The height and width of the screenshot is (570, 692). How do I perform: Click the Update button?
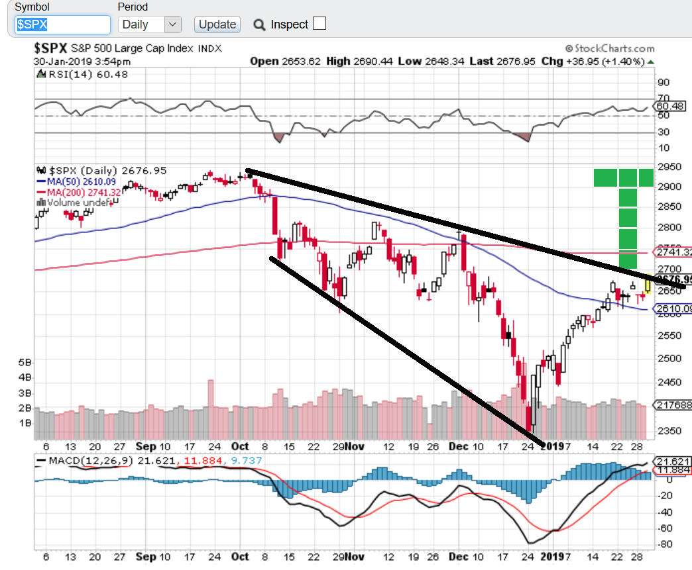tap(217, 24)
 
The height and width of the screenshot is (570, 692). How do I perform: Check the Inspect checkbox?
tap(319, 24)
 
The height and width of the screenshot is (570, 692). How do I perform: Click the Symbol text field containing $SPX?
tap(62, 24)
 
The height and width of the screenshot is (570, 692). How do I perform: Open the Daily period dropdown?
tap(150, 24)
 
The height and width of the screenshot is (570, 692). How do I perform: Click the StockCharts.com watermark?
tap(609, 48)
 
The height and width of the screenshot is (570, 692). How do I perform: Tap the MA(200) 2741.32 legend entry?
tap(80, 192)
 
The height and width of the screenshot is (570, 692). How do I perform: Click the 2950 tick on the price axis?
tap(667, 166)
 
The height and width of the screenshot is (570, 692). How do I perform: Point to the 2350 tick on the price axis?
tap(667, 431)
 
